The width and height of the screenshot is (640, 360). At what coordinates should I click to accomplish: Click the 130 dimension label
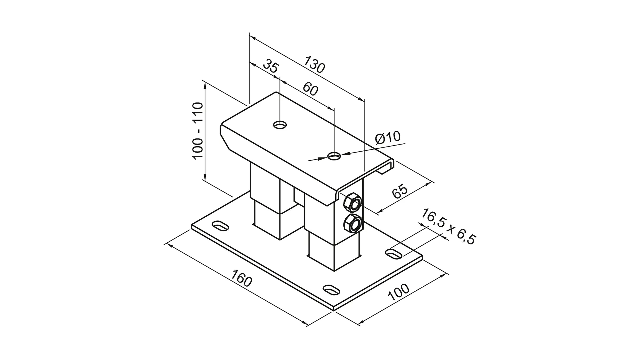[x=314, y=65]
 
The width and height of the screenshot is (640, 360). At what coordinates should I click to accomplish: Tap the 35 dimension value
[x=270, y=67]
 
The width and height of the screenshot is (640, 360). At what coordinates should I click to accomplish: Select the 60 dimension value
[x=310, y=89]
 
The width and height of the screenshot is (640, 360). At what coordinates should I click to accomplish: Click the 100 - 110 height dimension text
[x=198, y=131]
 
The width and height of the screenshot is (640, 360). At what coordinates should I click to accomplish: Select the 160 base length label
[x=241, y=279]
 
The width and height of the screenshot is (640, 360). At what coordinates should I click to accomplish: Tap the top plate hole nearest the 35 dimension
[x=280, y=125]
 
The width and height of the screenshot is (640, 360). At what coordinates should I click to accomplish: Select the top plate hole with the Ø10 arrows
[x=334, y=156]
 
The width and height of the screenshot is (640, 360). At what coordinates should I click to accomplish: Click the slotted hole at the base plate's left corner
[x=220, y=226]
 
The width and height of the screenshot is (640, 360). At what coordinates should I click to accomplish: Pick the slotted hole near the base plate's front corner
[x=332, y=289]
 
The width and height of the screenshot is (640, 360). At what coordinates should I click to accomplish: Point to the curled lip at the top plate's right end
[x=387, y=168]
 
